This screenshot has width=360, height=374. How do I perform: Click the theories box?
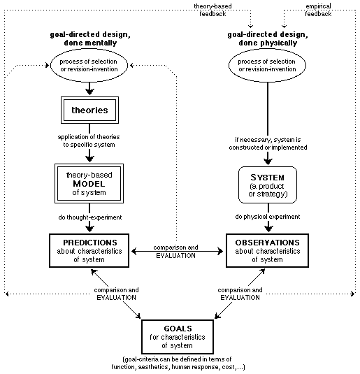pos(90,110)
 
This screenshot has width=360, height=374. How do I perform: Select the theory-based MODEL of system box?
pos(90,183)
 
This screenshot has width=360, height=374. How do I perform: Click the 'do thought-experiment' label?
pos(90,217)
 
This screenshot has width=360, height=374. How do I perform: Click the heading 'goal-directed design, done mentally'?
pos(90,39)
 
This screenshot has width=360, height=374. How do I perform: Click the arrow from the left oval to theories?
pos(90,89)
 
